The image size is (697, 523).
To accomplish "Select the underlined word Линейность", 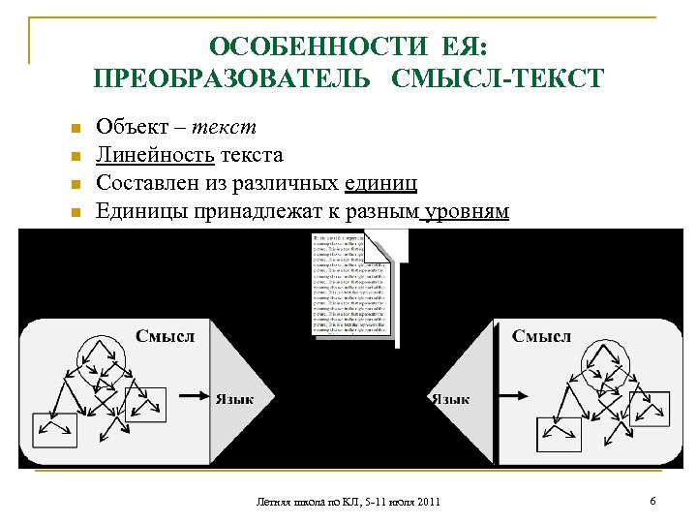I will coord(155,155).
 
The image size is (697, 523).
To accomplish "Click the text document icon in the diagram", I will coord(353,284).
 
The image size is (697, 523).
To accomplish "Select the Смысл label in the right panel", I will coord(541,336).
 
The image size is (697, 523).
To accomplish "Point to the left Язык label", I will coord(234,397).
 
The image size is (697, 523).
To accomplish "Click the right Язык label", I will coord(450,398).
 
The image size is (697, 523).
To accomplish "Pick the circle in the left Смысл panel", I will coord(100,359).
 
